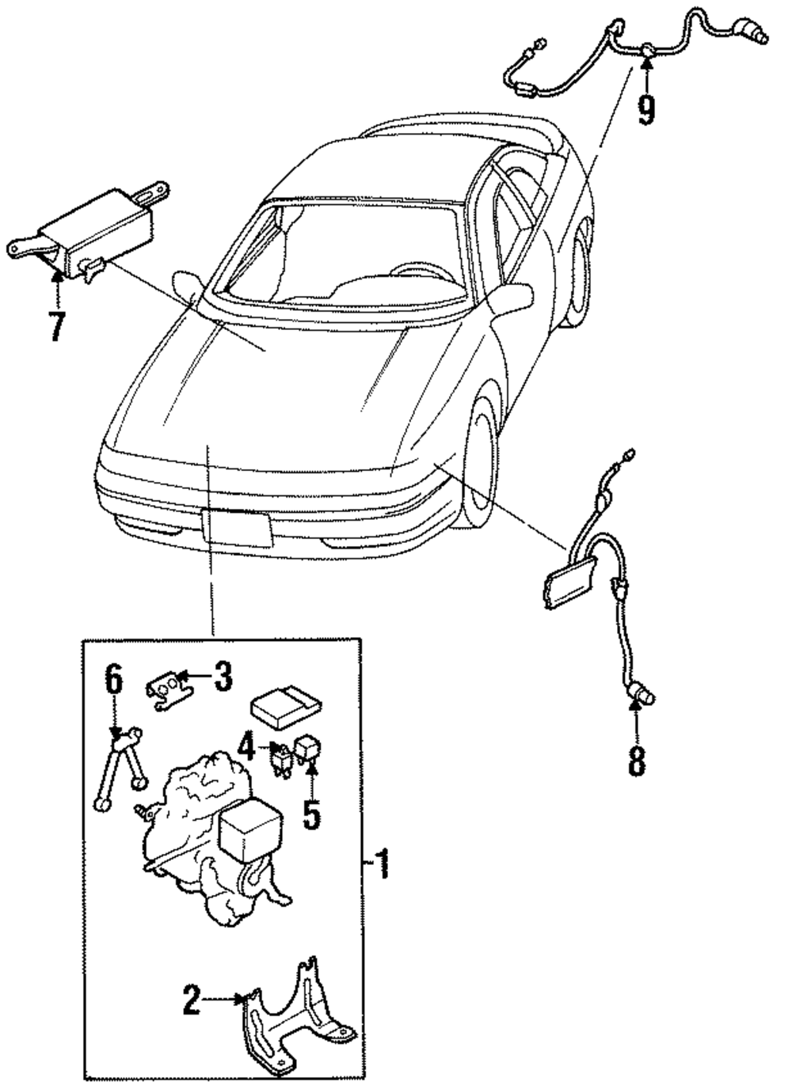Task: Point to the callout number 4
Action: (248, 746)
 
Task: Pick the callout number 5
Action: (312, 814)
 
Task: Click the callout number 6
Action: (114, 680)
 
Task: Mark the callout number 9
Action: (647, 108)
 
